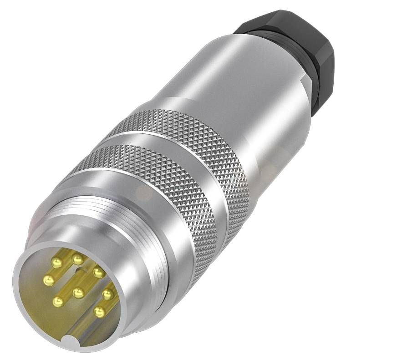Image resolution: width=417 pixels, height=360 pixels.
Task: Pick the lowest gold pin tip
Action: (99, 312)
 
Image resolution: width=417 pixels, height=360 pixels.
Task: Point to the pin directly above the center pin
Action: (98, 272)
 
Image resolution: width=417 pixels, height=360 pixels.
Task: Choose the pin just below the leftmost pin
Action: (58, 300)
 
